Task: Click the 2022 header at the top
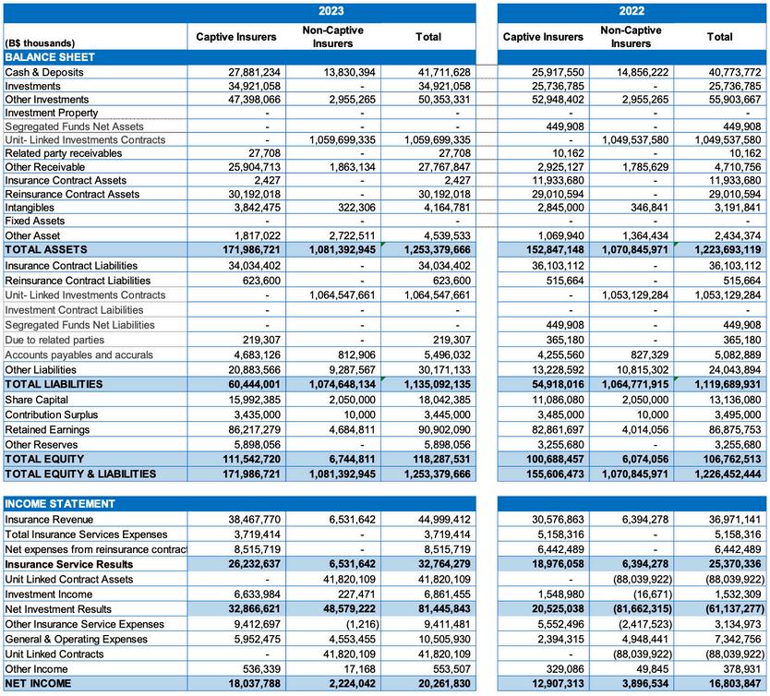point(632,11)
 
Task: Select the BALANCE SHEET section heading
point(50,57)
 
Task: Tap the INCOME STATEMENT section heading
point(60,504)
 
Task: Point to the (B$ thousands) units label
point(40,43)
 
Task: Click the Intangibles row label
point(31,208)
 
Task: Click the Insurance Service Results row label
point(69,564)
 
